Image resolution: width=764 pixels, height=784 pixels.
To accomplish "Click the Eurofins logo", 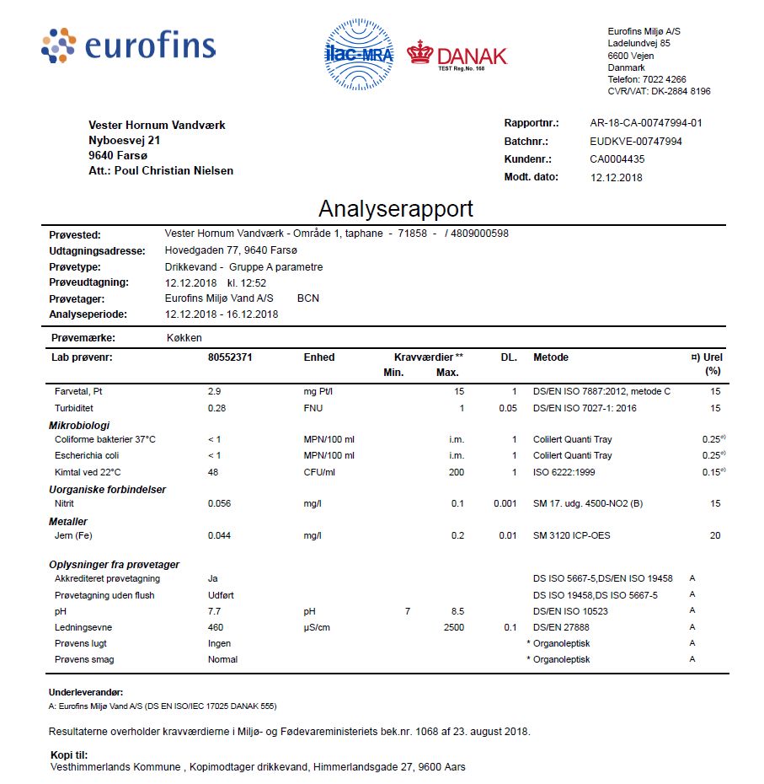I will pos(128,46).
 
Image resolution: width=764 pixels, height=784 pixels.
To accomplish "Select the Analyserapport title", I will pos(396,209).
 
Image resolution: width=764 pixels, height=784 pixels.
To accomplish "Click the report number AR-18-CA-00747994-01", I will pos(646,123).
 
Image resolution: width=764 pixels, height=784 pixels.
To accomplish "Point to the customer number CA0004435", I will pos(617,159).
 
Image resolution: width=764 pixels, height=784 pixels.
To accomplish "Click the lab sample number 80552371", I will pos(230,357).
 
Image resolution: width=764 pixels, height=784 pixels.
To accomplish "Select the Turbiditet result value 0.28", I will pos(218,408).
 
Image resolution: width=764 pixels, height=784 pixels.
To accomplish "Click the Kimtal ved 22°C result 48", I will pos(213,472).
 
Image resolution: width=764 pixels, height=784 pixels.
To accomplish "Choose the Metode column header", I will pos(551,357).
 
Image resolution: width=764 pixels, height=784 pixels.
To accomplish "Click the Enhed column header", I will pos(319,357).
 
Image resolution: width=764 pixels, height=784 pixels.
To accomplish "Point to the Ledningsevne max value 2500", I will pos(453,628).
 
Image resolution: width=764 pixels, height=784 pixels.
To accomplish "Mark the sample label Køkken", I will pos(184,337).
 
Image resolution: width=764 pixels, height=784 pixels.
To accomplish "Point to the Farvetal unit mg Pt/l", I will pos(324,392).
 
